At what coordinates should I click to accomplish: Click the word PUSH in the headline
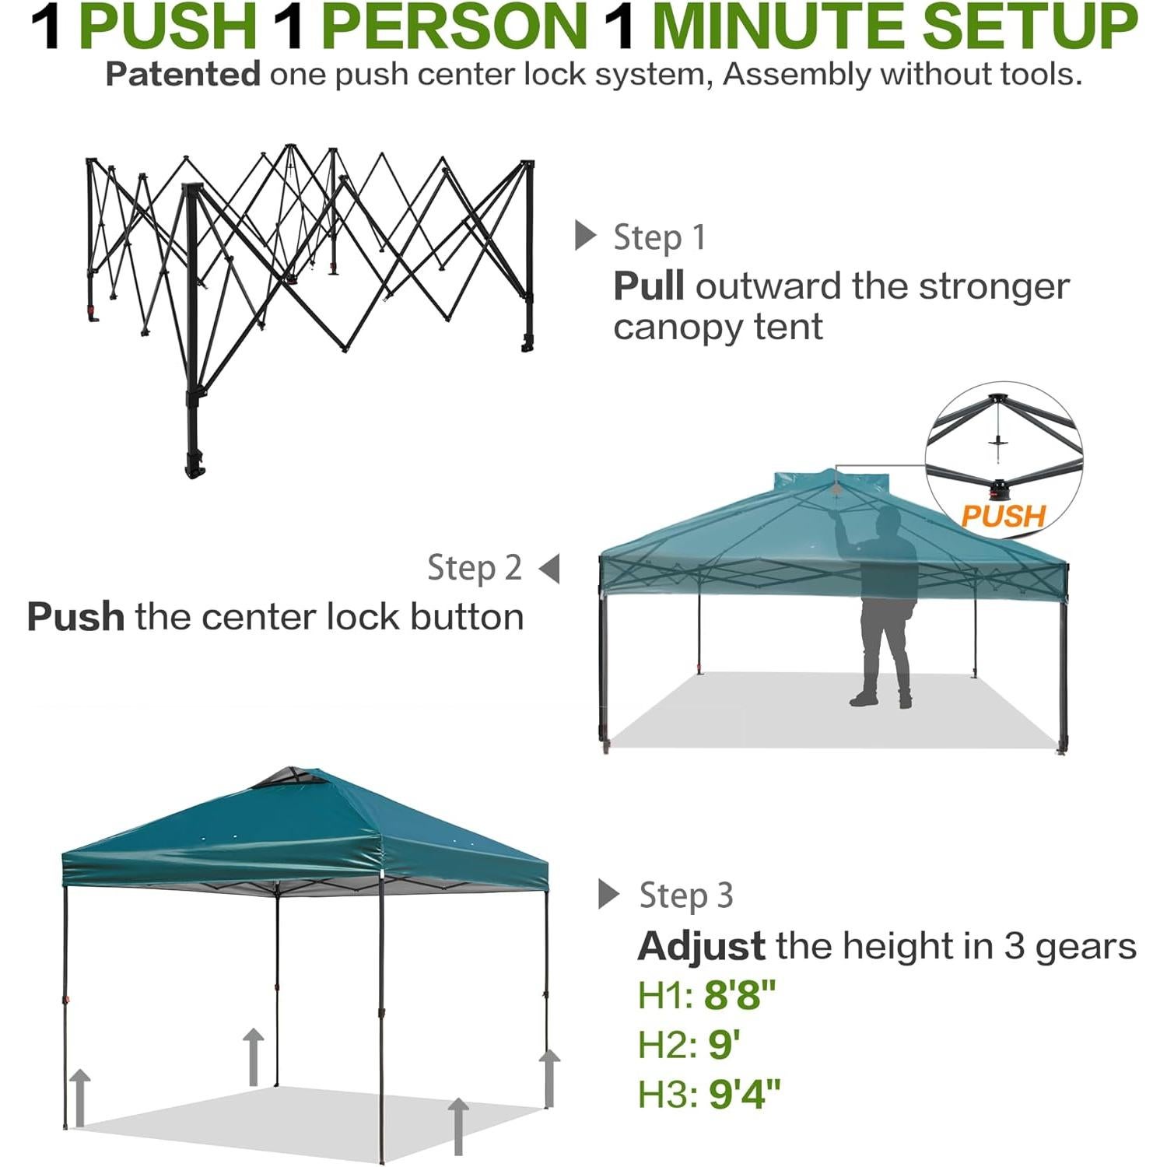tap(168, 27)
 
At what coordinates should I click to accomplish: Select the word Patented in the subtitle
tap(183, 75)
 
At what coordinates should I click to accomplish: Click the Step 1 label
tap(659, 237)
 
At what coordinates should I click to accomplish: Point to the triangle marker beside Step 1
tap(585, 235)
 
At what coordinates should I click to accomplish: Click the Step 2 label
tap(474, 568)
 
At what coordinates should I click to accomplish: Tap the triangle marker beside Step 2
tap(549, 569)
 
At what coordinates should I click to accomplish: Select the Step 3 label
tap(685, 895)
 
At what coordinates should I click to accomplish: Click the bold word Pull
tap(648, 286)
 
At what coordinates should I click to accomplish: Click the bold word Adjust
tap(701, 946)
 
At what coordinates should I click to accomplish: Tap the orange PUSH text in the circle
tap(1003, 516)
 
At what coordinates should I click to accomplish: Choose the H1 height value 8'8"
tap(740, 995)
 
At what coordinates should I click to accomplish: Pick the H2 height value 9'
tap(724, 1045)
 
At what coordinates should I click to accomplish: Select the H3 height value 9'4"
tap(744, 1094)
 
